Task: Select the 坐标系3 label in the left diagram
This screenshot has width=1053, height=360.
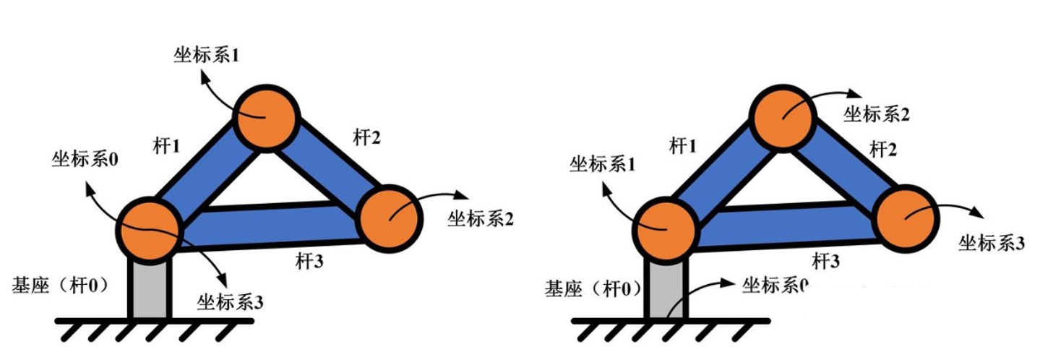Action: tap(229, 301)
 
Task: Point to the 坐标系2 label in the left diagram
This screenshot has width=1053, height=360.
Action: tap(481, 218)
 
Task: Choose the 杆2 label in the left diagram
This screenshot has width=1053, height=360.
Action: tap(366, 137)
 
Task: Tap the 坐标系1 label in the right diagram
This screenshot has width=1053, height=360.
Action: tap(602, 165)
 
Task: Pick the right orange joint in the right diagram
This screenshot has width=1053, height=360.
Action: tap(906, 218)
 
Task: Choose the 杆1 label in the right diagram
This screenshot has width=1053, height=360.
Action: tap(682, 147)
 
